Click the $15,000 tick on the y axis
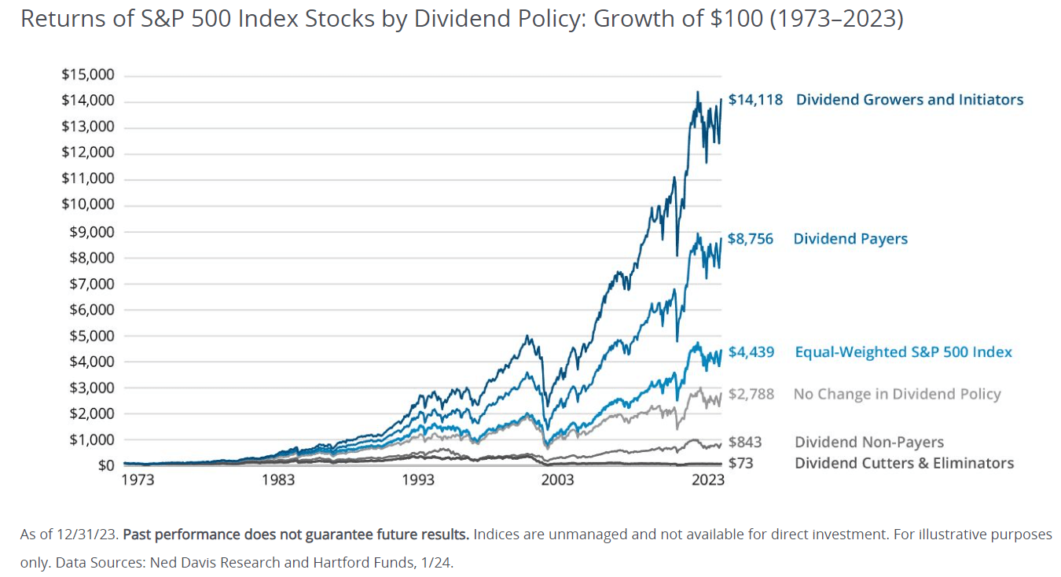(87, 75)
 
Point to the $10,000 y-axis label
(87, 205)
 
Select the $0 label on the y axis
(105, 465)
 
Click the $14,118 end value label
(755, 100)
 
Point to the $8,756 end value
(751, 239)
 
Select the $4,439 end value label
(751, 352)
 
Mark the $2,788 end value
(751, 394)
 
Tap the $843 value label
(745, 443)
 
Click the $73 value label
(741, 463)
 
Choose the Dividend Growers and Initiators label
(909, 100)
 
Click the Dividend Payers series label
(850, 239)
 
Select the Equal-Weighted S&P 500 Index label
(904, 352)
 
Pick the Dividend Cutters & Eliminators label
(904, 463)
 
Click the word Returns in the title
(55, 19)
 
